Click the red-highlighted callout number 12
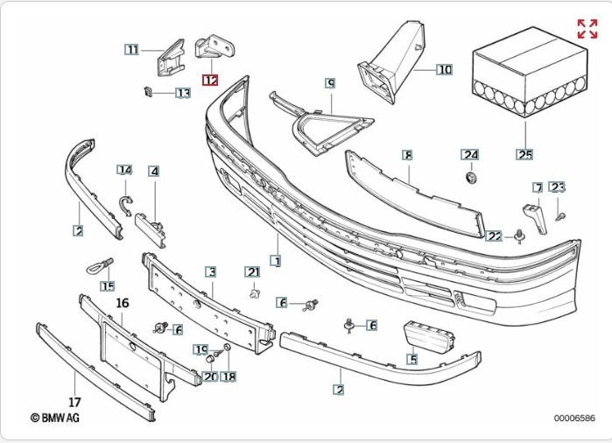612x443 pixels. click(x=210, y=80)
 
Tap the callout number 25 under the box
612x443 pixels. click(x=524, y=156)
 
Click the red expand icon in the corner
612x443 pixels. click(x=587, y=28)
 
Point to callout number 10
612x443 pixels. click(x=444, y=68)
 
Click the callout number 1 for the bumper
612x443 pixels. click(x=276, y=261)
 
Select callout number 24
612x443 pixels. click(x=471, y=155)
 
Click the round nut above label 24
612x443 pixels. click(x=471, y=178)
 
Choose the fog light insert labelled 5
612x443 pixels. click(x=428, y=338)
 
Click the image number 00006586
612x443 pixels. click(x=573, y=418)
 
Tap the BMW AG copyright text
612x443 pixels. click(x=55, y=418)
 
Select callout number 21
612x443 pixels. click(x=253, y=271)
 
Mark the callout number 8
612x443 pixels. click(x=407, y=154)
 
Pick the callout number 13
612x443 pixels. click(x=182, y=93)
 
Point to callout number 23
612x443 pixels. click(x=558, y=186)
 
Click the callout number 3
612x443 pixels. click(x=211, y=272)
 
